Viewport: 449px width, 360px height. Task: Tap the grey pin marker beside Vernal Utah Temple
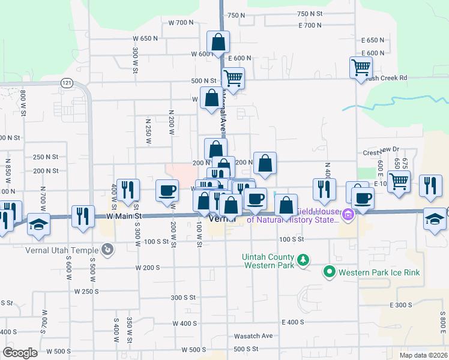(x=107, y=248)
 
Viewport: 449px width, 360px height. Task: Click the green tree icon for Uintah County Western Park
(x=304, y=260)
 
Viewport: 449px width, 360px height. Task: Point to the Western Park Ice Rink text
(x=379, y=272)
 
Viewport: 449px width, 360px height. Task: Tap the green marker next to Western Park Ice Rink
(x=329, y=272)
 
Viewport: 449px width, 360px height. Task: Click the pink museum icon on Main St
(x=347, y=214)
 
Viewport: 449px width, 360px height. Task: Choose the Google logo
(x=20, y=352)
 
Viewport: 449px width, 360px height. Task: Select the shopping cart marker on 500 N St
(x=233, y=78)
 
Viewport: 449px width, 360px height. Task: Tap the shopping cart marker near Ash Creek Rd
(x=361, y=67)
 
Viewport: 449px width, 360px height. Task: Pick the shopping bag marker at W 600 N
(x=218, y=42)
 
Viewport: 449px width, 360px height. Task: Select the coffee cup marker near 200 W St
(x=167, y=190)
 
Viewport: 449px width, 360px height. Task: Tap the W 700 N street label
(x=181, y=22)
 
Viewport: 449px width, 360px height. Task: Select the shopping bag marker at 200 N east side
(x=265, y=163)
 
